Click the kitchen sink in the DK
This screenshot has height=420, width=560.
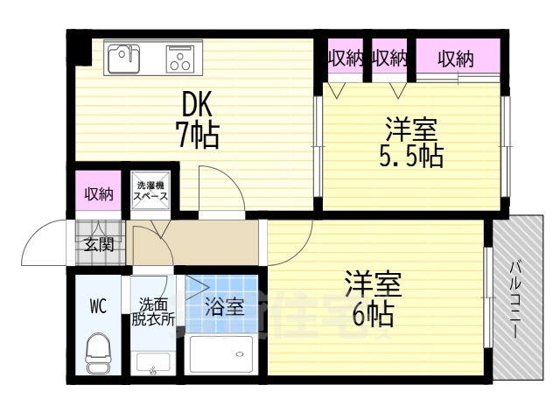tap(122, 59)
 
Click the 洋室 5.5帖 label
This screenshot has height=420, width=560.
tap(412, 144)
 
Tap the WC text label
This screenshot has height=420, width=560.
tap(98, 307)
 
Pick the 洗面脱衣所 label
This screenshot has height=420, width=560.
tap(154, 312)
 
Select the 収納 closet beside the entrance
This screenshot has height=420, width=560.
tap(98, 194)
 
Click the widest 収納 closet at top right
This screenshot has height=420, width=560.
tap(456, 59)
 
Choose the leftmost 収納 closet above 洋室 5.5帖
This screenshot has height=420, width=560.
tap(346, 59)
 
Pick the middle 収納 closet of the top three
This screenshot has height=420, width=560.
tap(390, 59)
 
